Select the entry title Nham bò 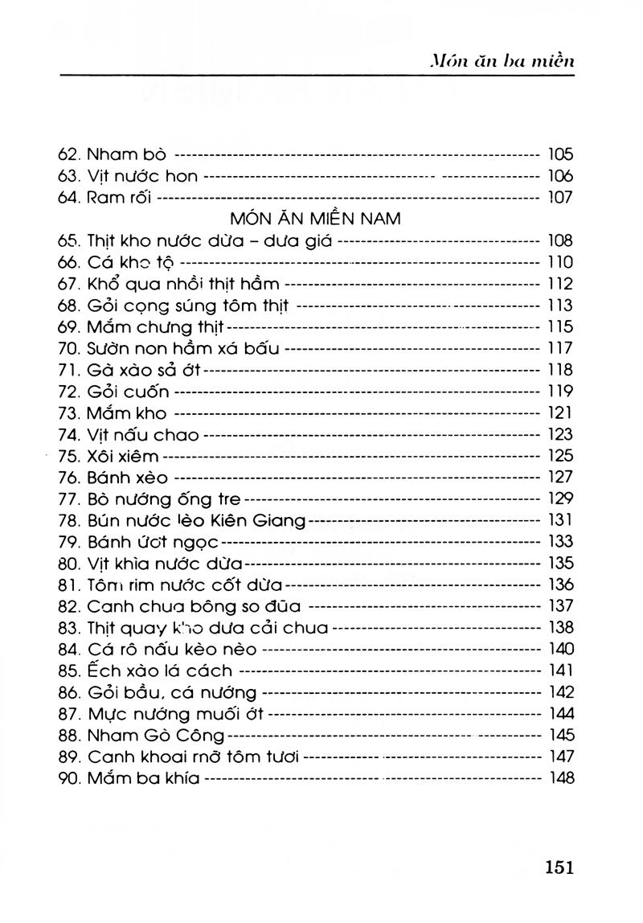(126, 154)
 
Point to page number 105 (559, 154)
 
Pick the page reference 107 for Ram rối (559, 198)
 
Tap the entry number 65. (70, 240)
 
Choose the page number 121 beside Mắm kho (559, 413)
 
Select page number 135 (559, 564)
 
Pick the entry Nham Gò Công (157, 736)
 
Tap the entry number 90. (70, 778)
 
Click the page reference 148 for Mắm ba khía (559, 778)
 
